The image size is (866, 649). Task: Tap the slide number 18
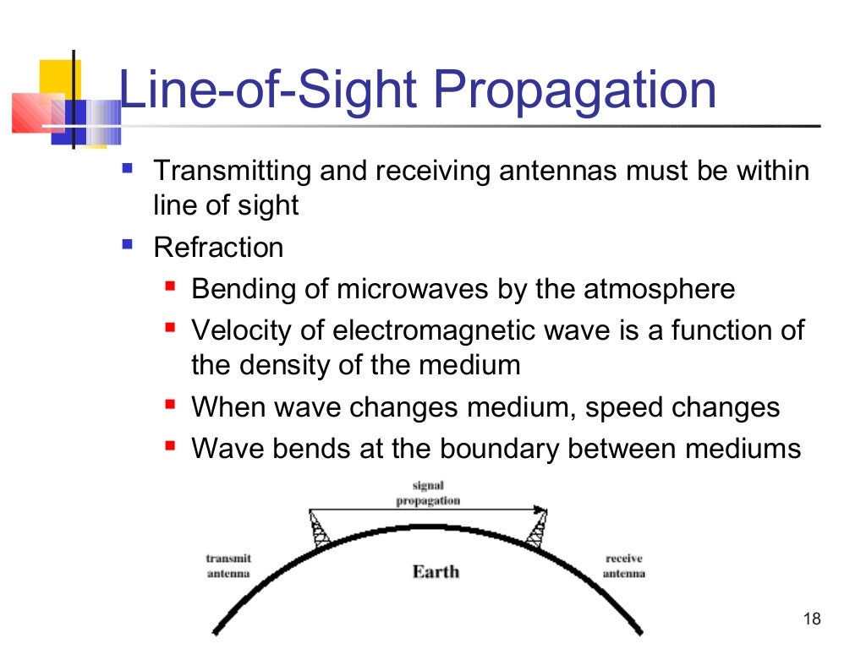tap(811, 620)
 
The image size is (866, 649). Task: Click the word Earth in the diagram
tap(436, 572)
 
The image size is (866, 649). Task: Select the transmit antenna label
tap(228, 566)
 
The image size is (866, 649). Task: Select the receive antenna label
tap(624, 566)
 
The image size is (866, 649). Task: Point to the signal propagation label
tap(428, 494)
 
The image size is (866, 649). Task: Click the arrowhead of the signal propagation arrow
tap(540, 510)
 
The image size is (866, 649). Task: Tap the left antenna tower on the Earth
tap(319, 529)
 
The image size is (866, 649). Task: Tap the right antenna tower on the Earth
tap(535, 531)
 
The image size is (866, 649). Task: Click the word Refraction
tap(217, 248)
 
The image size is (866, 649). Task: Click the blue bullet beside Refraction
tap(128, 244)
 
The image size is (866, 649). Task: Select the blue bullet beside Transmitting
tap(128, 168)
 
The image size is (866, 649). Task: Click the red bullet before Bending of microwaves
tap(169, 287)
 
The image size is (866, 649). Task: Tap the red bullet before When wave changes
tap(169, 406)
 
